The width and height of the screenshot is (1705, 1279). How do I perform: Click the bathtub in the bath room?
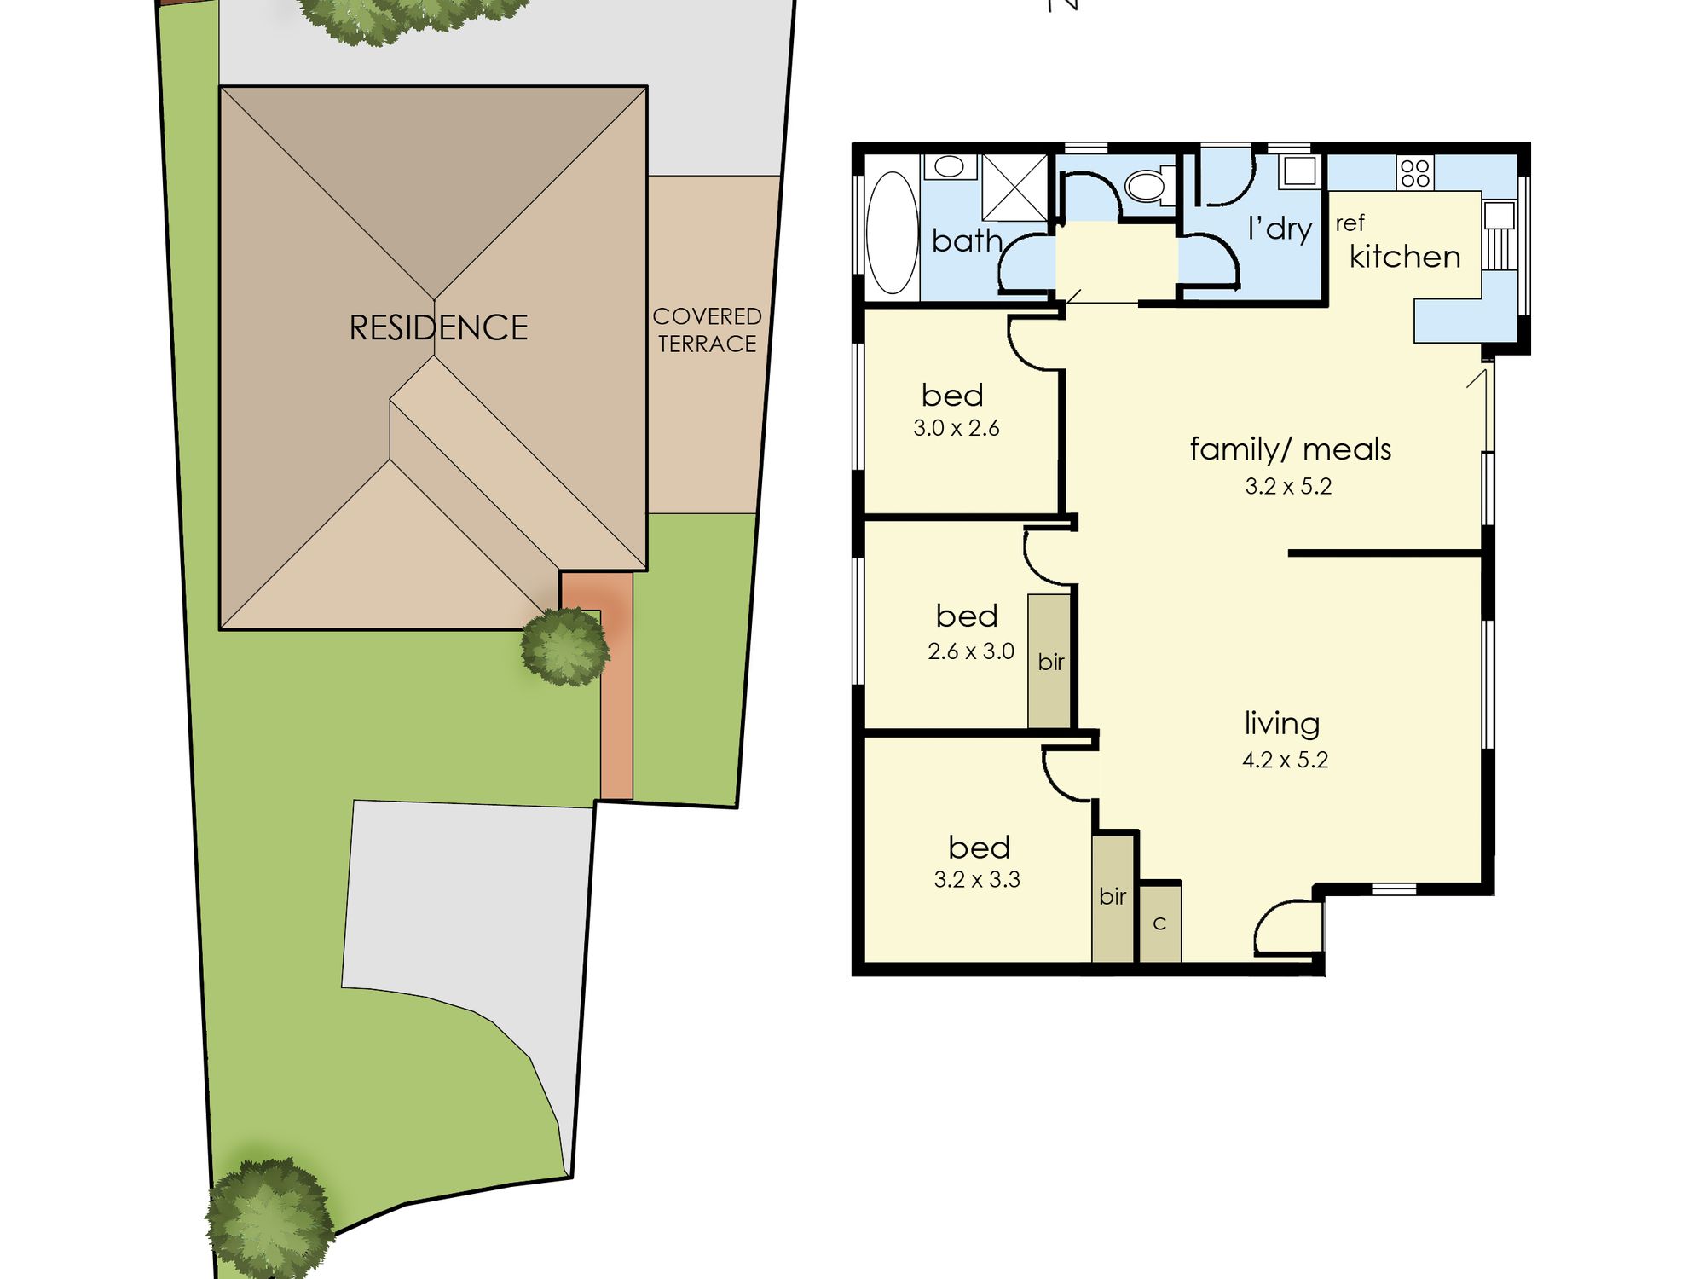pyautogui.click(x=892, y=232)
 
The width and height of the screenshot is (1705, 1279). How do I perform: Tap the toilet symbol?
pyautogui.click(x=1149, y=184)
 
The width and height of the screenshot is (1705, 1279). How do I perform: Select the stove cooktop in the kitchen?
pyautogui.click(x=1414, y=172)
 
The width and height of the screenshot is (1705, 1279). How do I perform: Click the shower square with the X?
pyautogui.click(x=1014, y=188)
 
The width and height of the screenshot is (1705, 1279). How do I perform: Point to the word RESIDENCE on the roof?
pyautogui.click(x=438, y=327)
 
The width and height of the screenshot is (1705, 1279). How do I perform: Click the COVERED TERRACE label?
pyautogui.click(x=707, y=330)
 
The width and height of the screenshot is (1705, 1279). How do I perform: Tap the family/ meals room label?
pyautogui.click(x=1290, y=449)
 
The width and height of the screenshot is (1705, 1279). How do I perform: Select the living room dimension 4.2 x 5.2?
pyautogui.click(x=1285, y=760)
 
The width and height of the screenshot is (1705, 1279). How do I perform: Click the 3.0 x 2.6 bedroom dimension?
pyautogui.click(x=956, y=428)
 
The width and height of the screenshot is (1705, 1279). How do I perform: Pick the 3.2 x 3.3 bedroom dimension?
pyautogui.click(x=977, y=879)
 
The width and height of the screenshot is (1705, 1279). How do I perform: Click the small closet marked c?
pyautogui.click(x=1160, y=923)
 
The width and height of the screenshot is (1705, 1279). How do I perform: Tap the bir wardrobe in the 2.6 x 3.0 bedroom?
pyautogui.click(x=1049, y=661)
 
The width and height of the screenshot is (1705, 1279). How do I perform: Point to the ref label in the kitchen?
pyautogui.click(x=1350, y=223)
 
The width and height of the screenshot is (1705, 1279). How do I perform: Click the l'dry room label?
pyautogui.click(x=1280, y=229)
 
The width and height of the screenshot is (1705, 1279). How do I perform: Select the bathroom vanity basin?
pyautogui.click(x=949, y=166)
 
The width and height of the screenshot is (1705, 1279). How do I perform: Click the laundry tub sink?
pyautogui.click(x=1300, y=171)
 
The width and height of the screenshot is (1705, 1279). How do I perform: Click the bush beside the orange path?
pyautogui.click(x=565, y=646)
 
